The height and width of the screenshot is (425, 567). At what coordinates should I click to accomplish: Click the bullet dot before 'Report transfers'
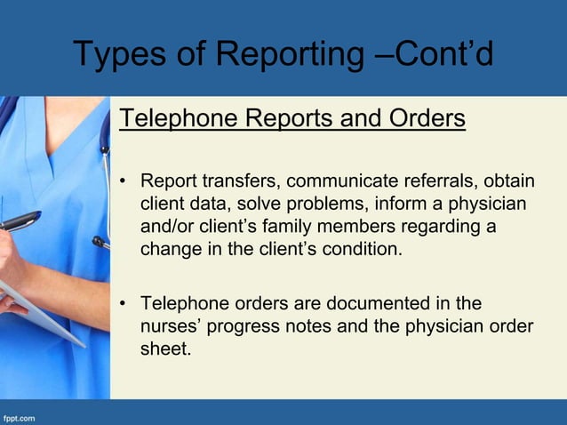pyautogui.click(x=125, y=183)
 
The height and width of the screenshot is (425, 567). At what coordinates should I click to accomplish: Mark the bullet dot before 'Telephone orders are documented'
pyautogui.click(x=125, y=305)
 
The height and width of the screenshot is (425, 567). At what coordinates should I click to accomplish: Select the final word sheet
pyautogui.click(x=164, y=349)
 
